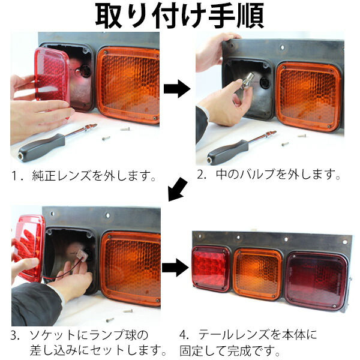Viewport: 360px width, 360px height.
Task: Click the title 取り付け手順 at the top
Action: click(x=179, y=16)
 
